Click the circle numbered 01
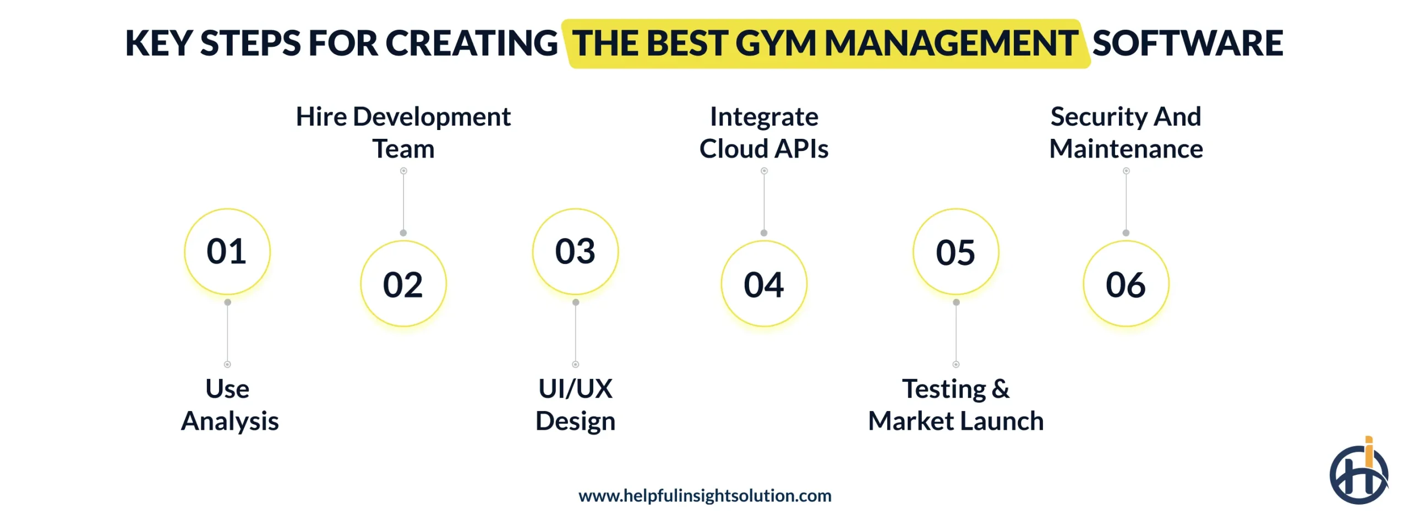tap(227, 252)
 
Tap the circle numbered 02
tap(403, 284)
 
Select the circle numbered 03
tap(575, 252)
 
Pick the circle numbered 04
tap(764, 284)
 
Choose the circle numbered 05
tap(956, 252)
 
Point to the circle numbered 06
tap(1126, 284)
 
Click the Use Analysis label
tap(229, 405)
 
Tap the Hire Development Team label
tap(403, 133)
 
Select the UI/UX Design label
tap(575, 405)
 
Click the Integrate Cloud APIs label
tap(764, 133)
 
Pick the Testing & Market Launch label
tap(956, 405)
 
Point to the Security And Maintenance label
tap(1126, 133)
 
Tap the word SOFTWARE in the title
tap(1188, 44)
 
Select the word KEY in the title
tap(159, 44)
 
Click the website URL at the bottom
tap(704, 496)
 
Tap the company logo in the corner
tap(1359, 473)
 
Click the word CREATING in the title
tap(472, 44)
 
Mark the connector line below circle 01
tap(227, 333)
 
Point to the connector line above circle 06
tap(1126, 202)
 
